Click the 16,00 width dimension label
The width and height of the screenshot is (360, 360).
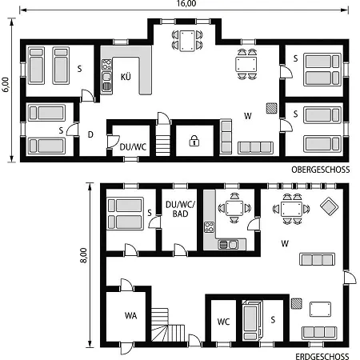pos(186,3)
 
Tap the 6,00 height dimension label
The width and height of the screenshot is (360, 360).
pos(6,85)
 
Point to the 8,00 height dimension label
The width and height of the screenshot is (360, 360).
pos(84,255)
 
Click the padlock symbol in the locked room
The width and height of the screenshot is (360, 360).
pos(194,141)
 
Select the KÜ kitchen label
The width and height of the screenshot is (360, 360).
pos(126,77)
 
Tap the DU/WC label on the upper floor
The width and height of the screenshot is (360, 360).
pos(133,147)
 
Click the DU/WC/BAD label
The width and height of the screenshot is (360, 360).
pos(180,209)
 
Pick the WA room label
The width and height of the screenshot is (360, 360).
pos(130,316)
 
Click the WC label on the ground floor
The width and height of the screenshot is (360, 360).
pos(223,322)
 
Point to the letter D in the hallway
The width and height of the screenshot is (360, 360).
pos(90,134)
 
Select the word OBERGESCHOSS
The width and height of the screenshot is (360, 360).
pos(321,170)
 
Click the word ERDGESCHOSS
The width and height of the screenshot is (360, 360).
pos(322,356)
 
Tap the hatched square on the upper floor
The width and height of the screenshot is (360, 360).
pos(271,108)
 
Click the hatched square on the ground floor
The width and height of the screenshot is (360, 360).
pos(296,303)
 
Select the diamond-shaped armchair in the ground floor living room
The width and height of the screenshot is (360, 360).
pos(329,206)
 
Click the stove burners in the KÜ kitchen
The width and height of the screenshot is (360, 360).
pos(106,65)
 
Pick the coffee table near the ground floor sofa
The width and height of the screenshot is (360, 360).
pos(320,310)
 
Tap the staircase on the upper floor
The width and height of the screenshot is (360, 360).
pos(162,143)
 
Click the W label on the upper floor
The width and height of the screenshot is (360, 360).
pos(248,116)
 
